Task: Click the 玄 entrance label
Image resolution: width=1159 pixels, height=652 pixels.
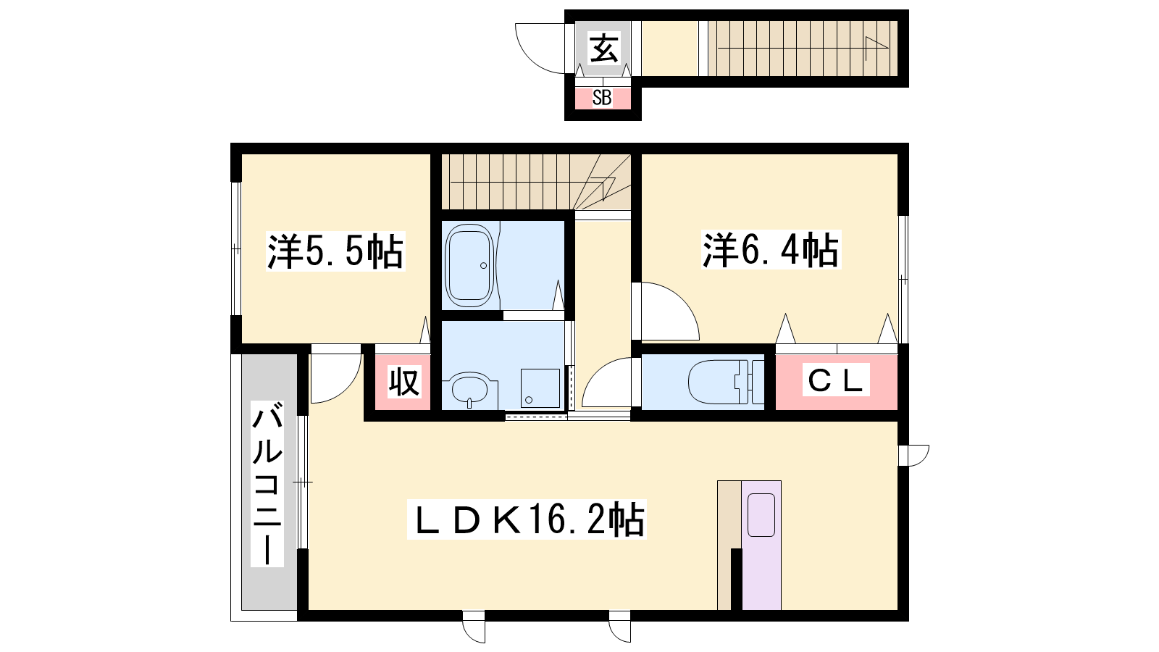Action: click(x=604, y=49)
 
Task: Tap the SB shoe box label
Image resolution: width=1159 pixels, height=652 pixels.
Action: click(x=602, y=98)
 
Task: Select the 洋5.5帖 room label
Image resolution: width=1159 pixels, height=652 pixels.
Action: click(x=335, y=251)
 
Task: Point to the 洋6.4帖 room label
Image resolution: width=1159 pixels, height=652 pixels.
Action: click(x=771, y=251)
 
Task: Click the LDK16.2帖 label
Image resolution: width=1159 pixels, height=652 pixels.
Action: click(x=527, y=519)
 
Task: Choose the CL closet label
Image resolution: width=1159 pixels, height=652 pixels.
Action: click(x=836, y=381)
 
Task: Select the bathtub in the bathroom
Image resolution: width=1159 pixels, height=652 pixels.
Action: click(x=470, y=265)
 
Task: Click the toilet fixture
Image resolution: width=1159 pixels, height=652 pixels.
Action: click(x=726, y=381)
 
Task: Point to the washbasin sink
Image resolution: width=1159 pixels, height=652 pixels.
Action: click(x=470, y=388)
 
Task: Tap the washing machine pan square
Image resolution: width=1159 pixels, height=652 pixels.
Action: click(x=540, y=388)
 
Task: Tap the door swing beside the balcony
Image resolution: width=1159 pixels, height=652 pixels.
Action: click(x=348, y=385)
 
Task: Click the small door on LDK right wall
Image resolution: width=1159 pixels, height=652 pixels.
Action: click(x=915, y=456)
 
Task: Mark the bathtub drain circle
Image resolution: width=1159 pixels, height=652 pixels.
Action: click(x=483, y=265)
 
